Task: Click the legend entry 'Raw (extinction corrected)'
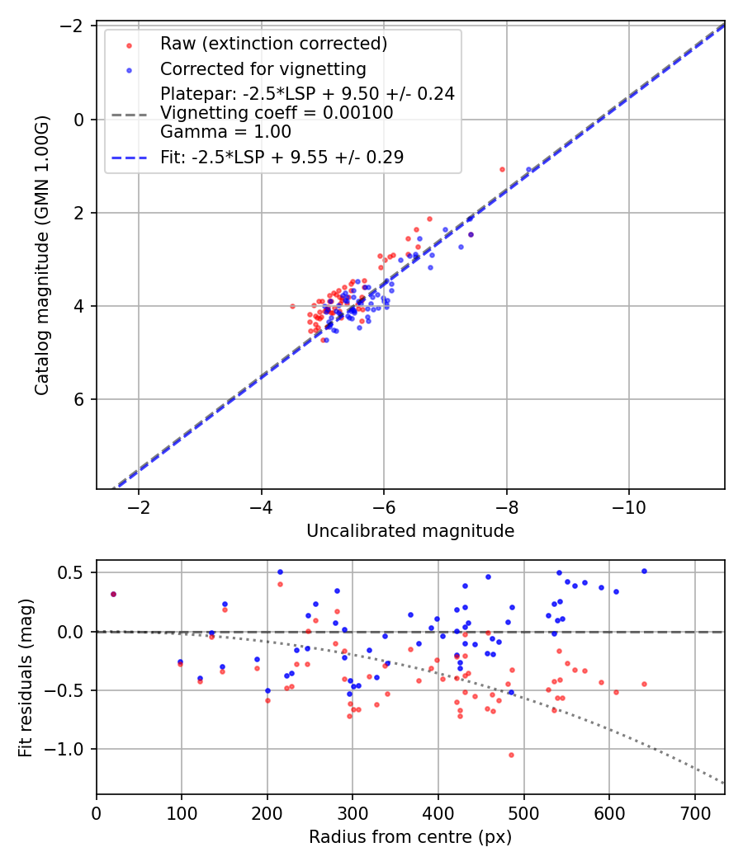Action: [x=273, y=44]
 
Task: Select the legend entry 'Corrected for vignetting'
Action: [x=263, y=68]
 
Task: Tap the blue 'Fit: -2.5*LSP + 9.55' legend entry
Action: [x=282, y=157]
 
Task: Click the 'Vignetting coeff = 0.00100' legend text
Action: [x=277, y=112]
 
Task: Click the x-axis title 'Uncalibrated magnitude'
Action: [x=410, y=531]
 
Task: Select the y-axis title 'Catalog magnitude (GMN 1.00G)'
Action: [x=42, y=255]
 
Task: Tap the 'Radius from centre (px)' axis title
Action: [x=410, y=837]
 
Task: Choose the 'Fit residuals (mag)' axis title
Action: [x=26, y=677]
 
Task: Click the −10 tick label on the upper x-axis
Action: [x=628, y=506]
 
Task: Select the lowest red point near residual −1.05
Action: [x=511, y=755]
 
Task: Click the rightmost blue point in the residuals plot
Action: [x=644, y=571]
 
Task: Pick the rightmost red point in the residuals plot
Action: [x=644, y=684]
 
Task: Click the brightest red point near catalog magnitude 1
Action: [x=502, y=169]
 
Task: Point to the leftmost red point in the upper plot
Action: [x=292, y=306]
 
